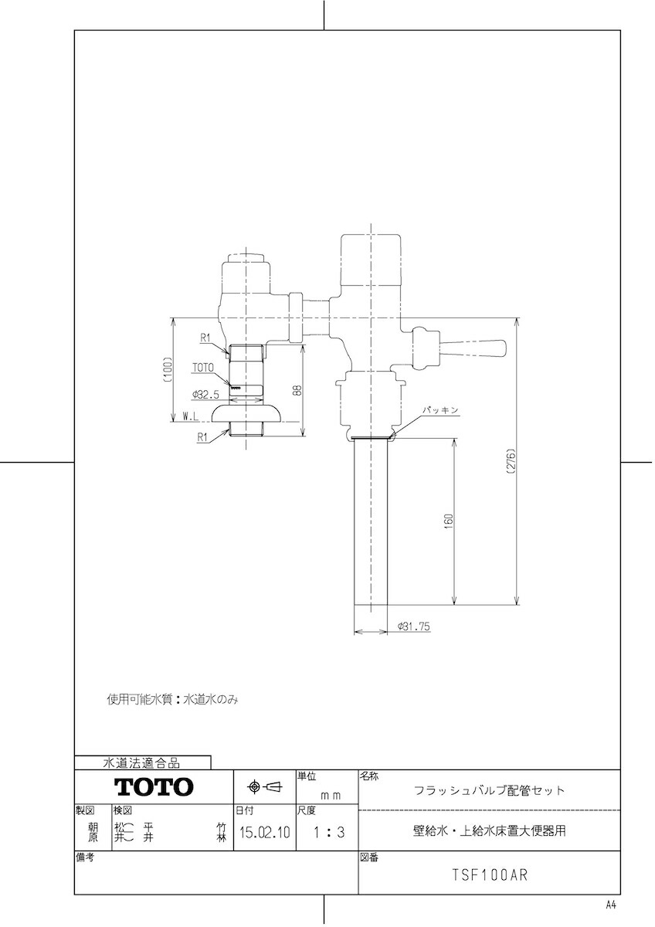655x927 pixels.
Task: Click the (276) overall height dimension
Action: coord(511,461)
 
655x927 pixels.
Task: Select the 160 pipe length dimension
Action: coord(450,521)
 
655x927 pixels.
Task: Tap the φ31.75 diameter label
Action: coord(414,626)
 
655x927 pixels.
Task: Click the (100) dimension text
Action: coord(167,368)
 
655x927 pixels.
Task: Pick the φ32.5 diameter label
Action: coord(205,395)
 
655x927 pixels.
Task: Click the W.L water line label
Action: coord(191,417)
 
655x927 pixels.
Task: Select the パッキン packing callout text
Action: coord(440,409)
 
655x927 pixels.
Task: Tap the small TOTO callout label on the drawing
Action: coord(202,368)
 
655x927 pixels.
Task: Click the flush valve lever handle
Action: coord(473,348)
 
